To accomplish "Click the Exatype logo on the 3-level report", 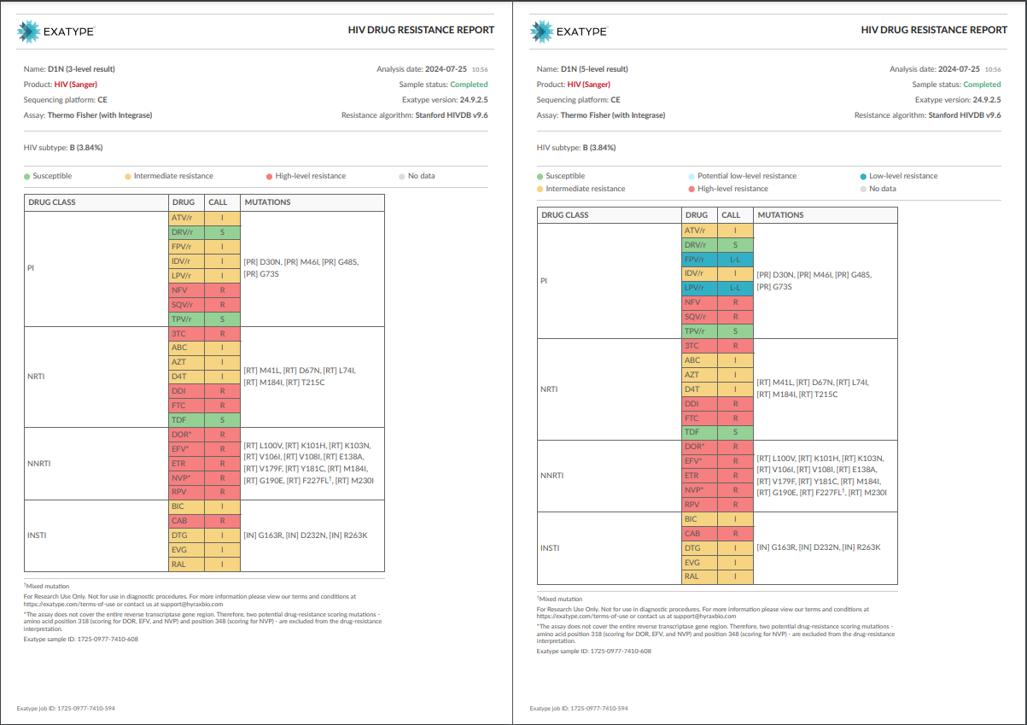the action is click(x=55, y=32).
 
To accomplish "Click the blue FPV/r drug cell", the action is click(x=699, y=260).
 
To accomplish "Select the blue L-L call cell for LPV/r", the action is click(x=735, y=288).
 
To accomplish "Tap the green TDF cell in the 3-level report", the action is click(x=186, y=420).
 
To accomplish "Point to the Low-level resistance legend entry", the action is click(x=899, y=176).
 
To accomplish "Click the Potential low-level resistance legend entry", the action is click(x=742, y=176).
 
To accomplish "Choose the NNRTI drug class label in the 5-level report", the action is click(x=551, y=476).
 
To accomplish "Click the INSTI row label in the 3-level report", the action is click(x=37, y=535).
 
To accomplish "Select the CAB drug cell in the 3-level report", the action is click(x=186, y=521).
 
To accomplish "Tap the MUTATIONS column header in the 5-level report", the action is click(x=780, y=215).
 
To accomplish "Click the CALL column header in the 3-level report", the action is click(x=218, y=202).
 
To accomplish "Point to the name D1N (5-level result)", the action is click(x=594, y=69).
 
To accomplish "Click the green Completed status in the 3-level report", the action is click(x=469, y=85).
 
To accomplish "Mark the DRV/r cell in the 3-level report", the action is click(x=186, y=232).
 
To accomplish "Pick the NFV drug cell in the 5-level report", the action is click(x=699, y=302).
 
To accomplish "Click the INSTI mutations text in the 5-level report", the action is click(x=819, y=547).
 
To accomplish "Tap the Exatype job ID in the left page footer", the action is click(x=66, y=709).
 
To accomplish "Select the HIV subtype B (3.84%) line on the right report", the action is click(x=576, y=148).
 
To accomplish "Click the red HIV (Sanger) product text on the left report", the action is click(x=76, y=85).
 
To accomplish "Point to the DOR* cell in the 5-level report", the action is click(x=699, y=447).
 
